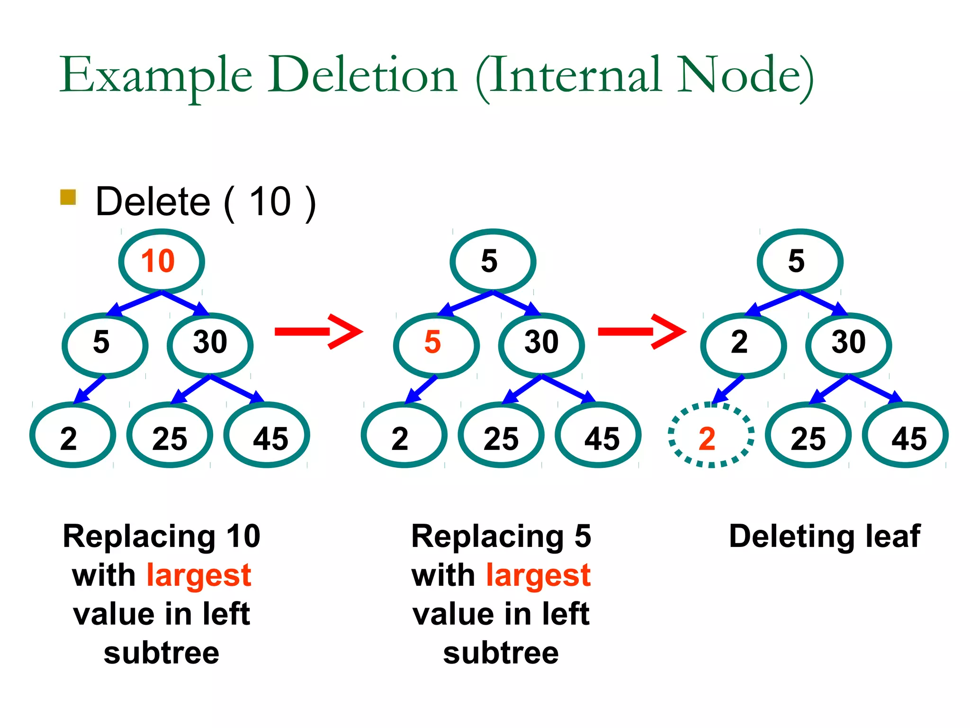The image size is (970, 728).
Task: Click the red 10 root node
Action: coord(161,261)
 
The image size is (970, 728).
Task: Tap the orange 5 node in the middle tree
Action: coord(436,345)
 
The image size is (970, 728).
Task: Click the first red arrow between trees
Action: coord(318,331)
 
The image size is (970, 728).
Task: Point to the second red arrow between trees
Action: coord(641,331)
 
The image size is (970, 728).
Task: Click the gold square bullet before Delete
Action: coord(68,197)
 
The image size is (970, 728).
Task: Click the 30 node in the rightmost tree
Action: coord(848,345)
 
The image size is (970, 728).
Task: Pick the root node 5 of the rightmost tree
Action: coord(800,261)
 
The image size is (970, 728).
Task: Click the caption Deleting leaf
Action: coord(824,537)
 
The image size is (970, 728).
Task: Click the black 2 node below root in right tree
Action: coord(743,345)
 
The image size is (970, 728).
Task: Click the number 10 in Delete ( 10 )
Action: coord(270,202)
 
